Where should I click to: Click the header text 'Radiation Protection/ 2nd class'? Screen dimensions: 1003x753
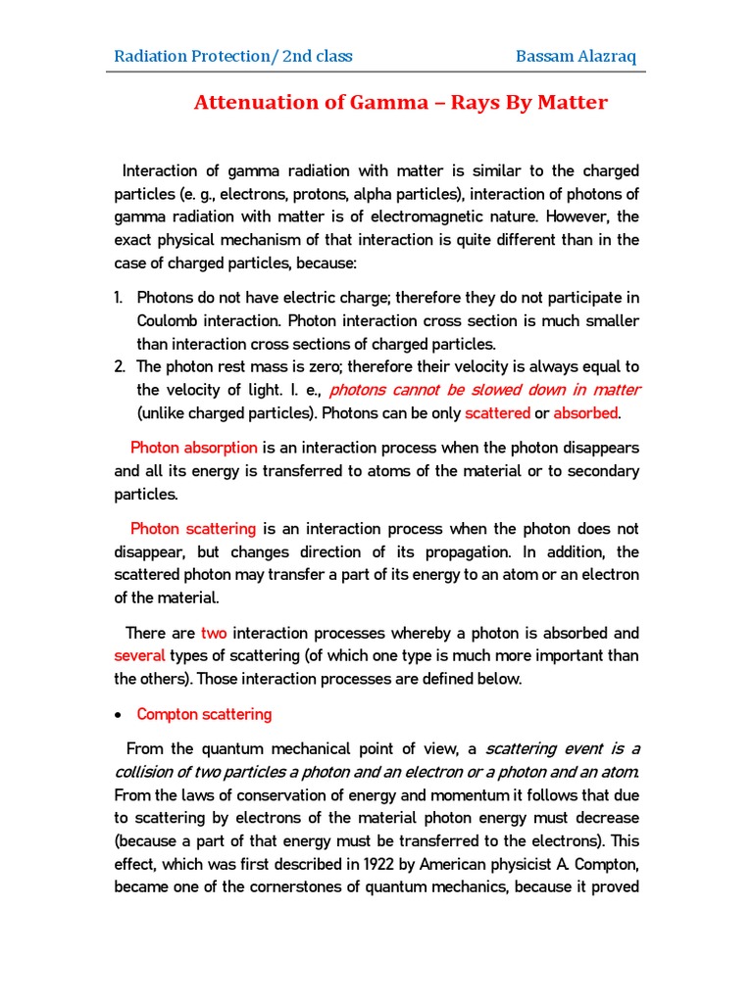click(233, 56)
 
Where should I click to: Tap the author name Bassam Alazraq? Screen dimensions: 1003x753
click(576, 56)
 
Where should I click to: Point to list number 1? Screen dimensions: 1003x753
click(118, 298)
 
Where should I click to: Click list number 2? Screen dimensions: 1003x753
click(119, 366)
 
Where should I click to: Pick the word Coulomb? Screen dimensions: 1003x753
click(169, 320)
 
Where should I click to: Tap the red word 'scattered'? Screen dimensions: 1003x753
click(497, 412)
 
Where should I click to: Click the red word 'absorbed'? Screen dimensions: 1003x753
click(585, 412)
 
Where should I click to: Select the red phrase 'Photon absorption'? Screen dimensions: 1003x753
click(193, 448)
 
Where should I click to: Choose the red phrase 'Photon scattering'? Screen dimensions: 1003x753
click(193, 528)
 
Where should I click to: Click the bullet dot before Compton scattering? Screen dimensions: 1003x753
click(119, 715)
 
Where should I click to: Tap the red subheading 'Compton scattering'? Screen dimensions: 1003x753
click(204, 714)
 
